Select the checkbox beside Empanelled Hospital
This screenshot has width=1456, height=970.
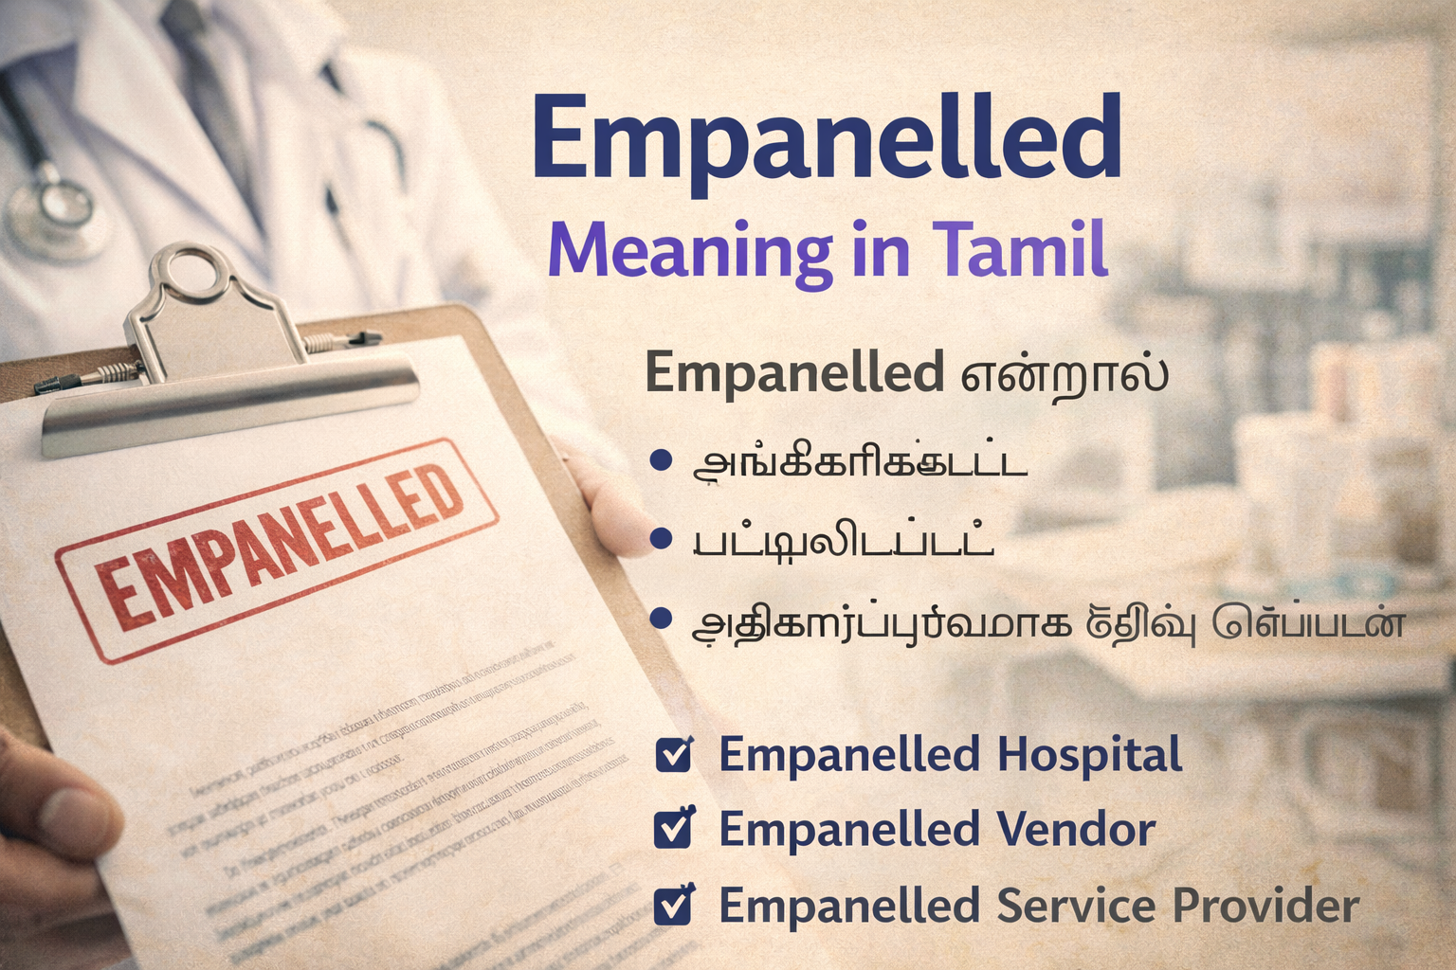point(674,754)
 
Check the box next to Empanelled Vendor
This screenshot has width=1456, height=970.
point(674,829)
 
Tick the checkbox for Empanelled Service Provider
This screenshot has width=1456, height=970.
point(674,905)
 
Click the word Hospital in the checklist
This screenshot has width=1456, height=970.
point(1090,755)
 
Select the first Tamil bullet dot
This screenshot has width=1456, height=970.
point(661,461)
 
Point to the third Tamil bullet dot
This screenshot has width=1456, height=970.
point(661,620)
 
